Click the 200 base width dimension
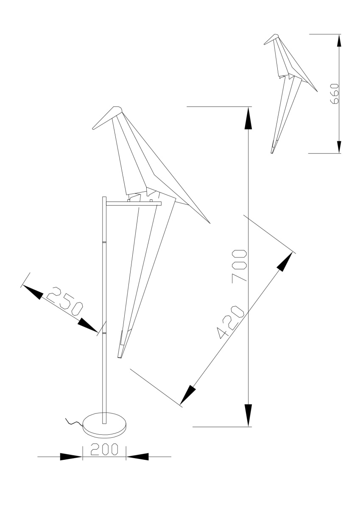tap(104, 449)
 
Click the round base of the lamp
tap(104, 424)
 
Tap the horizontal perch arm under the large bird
tap(134, 204)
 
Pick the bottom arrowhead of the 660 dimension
tap(339, 145)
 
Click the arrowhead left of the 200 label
tap(70, 457)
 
